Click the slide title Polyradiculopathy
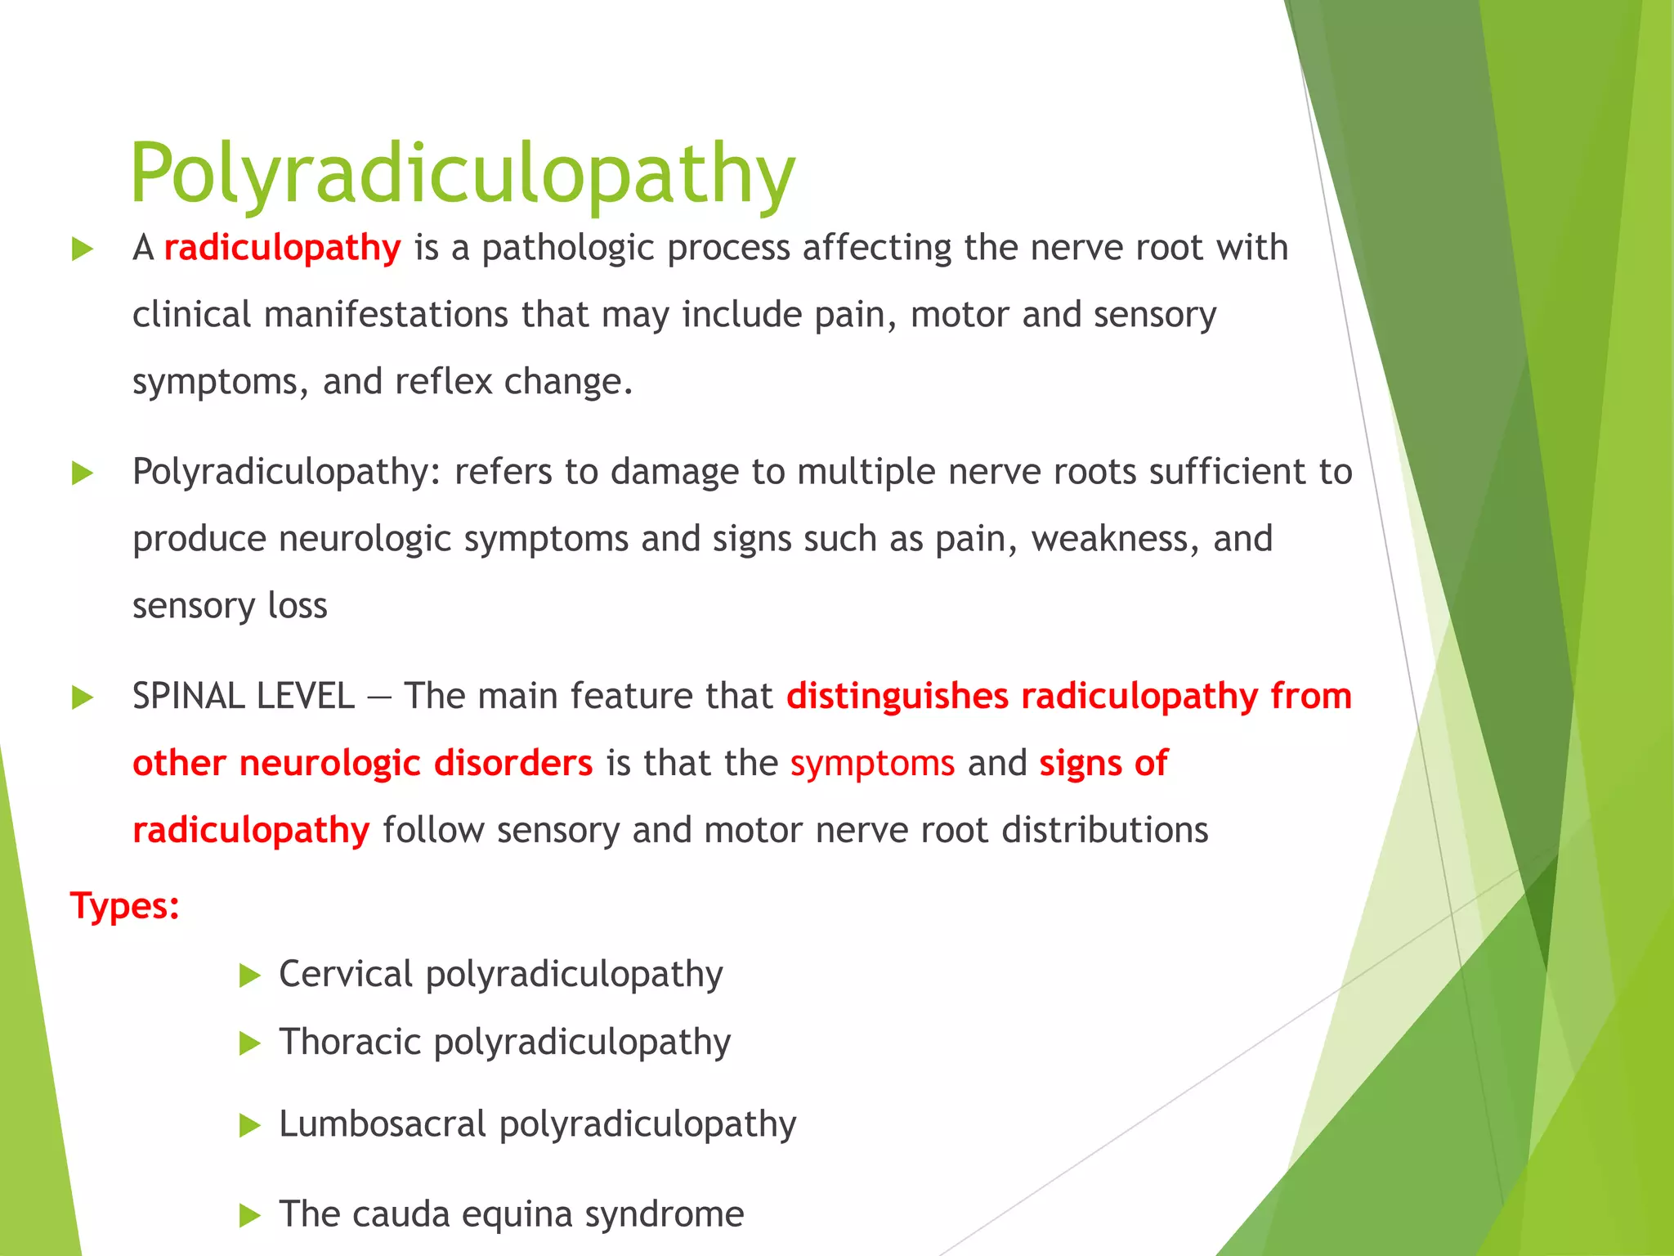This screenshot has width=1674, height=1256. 463,174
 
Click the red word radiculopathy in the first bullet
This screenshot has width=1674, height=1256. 282,248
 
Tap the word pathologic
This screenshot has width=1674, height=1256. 567,248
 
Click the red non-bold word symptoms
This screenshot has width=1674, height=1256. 872,764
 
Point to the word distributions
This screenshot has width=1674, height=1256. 1104,831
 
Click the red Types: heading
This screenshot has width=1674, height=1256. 125,906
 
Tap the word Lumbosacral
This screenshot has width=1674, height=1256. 383,1124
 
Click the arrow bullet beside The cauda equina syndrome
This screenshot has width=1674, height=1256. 249,1216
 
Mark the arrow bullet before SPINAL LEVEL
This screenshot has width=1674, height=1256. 83,698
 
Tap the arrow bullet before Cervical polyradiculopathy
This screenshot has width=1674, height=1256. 249,976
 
